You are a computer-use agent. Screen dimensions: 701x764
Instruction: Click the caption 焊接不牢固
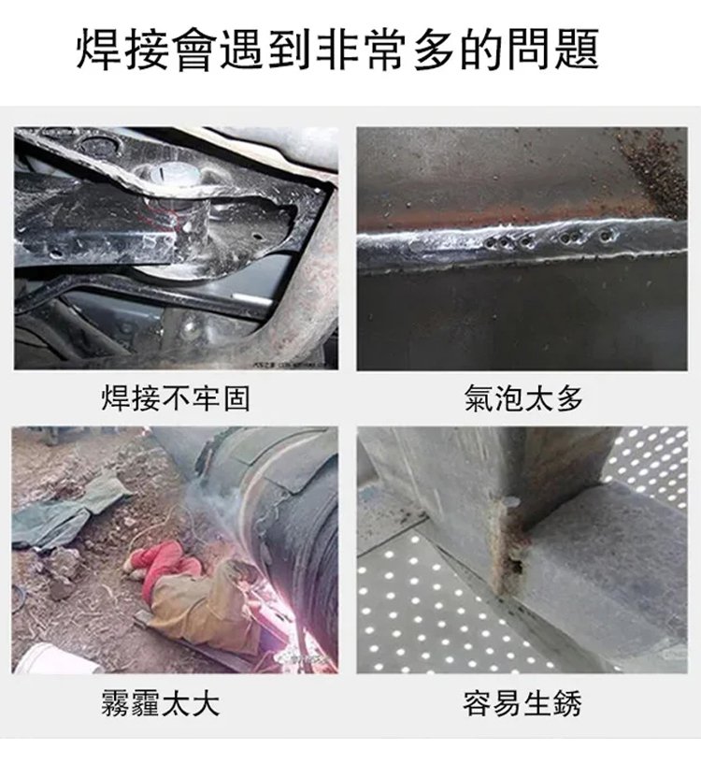point(176,398)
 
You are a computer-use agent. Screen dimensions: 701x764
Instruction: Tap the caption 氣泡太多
point(523,398)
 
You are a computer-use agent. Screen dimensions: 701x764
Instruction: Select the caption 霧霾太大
point(160,702)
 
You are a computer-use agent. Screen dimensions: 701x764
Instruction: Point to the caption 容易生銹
point(522,702)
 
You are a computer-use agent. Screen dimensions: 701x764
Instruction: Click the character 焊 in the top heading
point(100,50)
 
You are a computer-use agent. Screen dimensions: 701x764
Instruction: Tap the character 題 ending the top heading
point(577,50)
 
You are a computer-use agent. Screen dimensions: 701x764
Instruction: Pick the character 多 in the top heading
point(434,50)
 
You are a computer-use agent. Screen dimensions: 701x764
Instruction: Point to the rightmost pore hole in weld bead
point(606,237)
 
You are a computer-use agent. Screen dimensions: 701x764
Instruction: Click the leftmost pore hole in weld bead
point(491,241)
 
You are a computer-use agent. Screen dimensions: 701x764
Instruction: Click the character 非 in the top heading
point(338,50)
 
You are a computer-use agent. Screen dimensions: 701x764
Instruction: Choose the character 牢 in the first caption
point(206,398)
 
